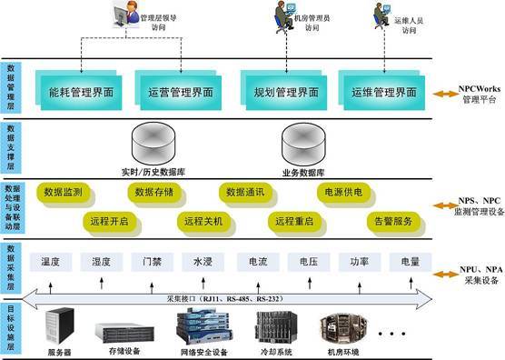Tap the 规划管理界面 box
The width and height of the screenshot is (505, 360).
[x=283, y=92]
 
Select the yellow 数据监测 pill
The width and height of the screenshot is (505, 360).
[x=63, y=193]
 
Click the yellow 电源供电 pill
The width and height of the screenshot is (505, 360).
[x=342, y=193]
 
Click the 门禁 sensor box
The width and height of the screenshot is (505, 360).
[x=152, y=262]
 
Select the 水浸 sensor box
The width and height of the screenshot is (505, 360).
[x=202, y=262]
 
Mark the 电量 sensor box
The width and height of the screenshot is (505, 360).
[x=405, y=262]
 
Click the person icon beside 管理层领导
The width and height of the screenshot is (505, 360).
[x=121, y=13]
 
